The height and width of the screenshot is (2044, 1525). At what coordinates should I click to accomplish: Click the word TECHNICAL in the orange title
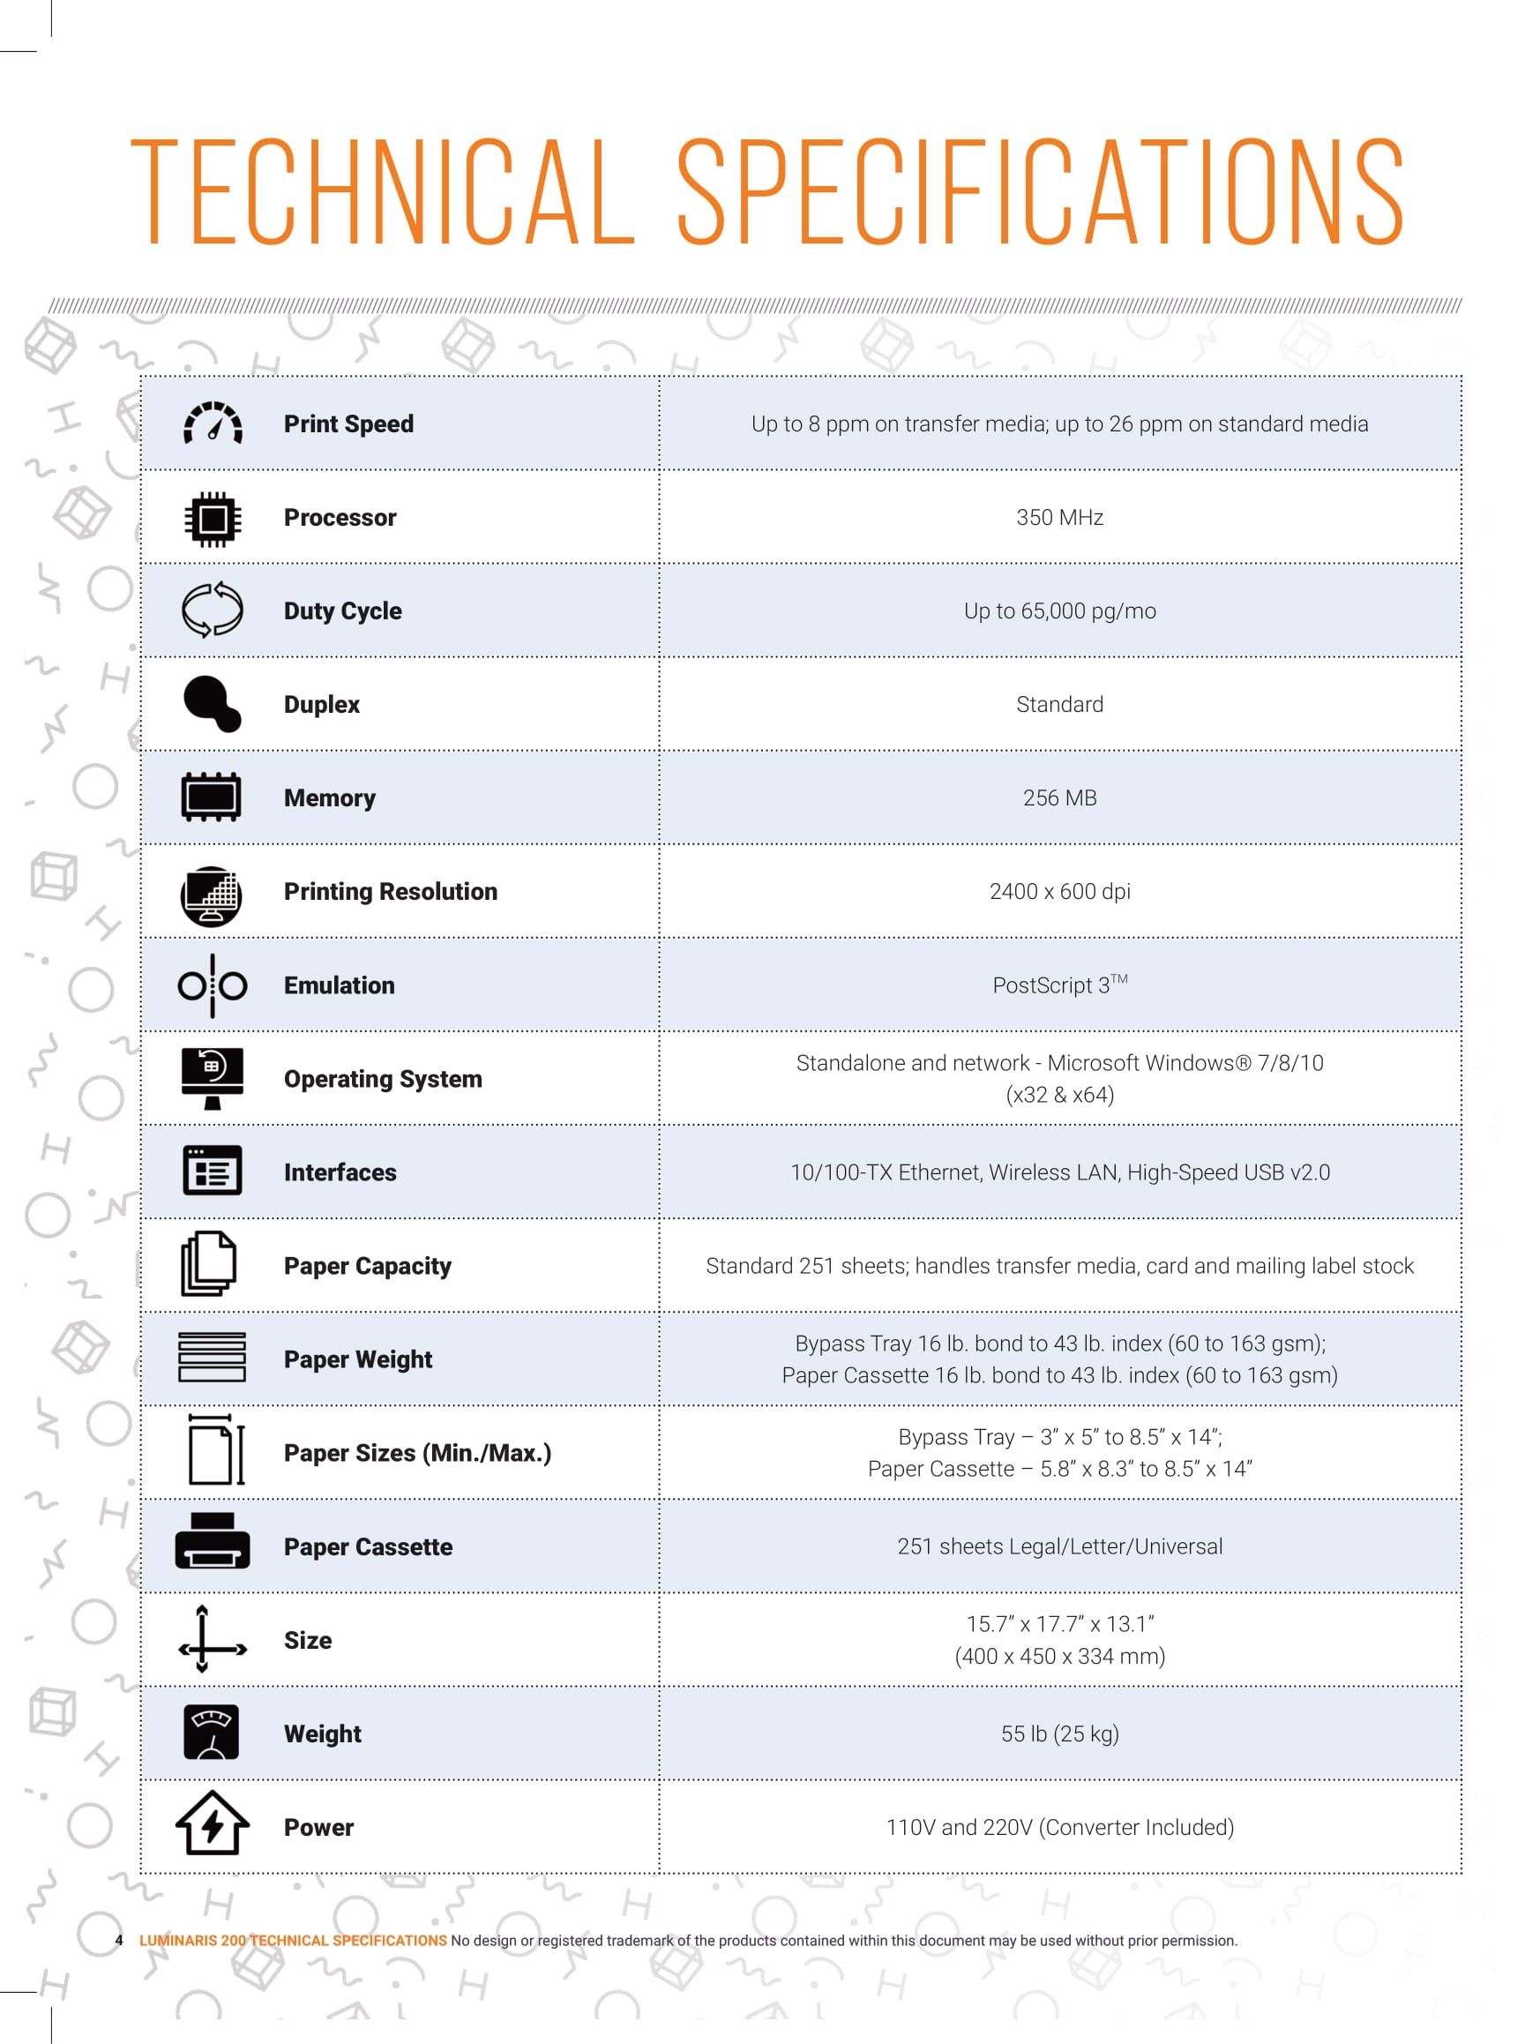click(x=382, y=191)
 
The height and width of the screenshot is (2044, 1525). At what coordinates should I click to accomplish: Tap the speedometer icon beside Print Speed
click(x=213, y=423)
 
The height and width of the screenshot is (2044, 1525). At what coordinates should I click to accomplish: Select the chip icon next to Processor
click(x=213, y=518)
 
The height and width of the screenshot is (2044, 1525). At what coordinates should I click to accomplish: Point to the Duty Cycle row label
click(x=342, y=611)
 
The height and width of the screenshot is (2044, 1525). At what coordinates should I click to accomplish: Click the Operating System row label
click(x=382, y=1079)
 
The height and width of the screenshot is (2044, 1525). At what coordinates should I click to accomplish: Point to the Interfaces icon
click(x=213, y=1172)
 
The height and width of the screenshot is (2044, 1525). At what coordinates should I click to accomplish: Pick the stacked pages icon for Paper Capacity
click(x=209, y=1265)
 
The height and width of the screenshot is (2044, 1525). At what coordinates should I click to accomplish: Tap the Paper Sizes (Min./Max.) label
click(x=417, y=1453)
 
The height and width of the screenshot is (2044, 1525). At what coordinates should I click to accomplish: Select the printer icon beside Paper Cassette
click(x=213, y=1542)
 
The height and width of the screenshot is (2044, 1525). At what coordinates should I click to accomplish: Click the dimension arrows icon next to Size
click(x=213, y=1640)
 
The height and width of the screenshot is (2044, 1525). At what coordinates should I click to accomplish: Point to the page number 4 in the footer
click(x=119, y=1940)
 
